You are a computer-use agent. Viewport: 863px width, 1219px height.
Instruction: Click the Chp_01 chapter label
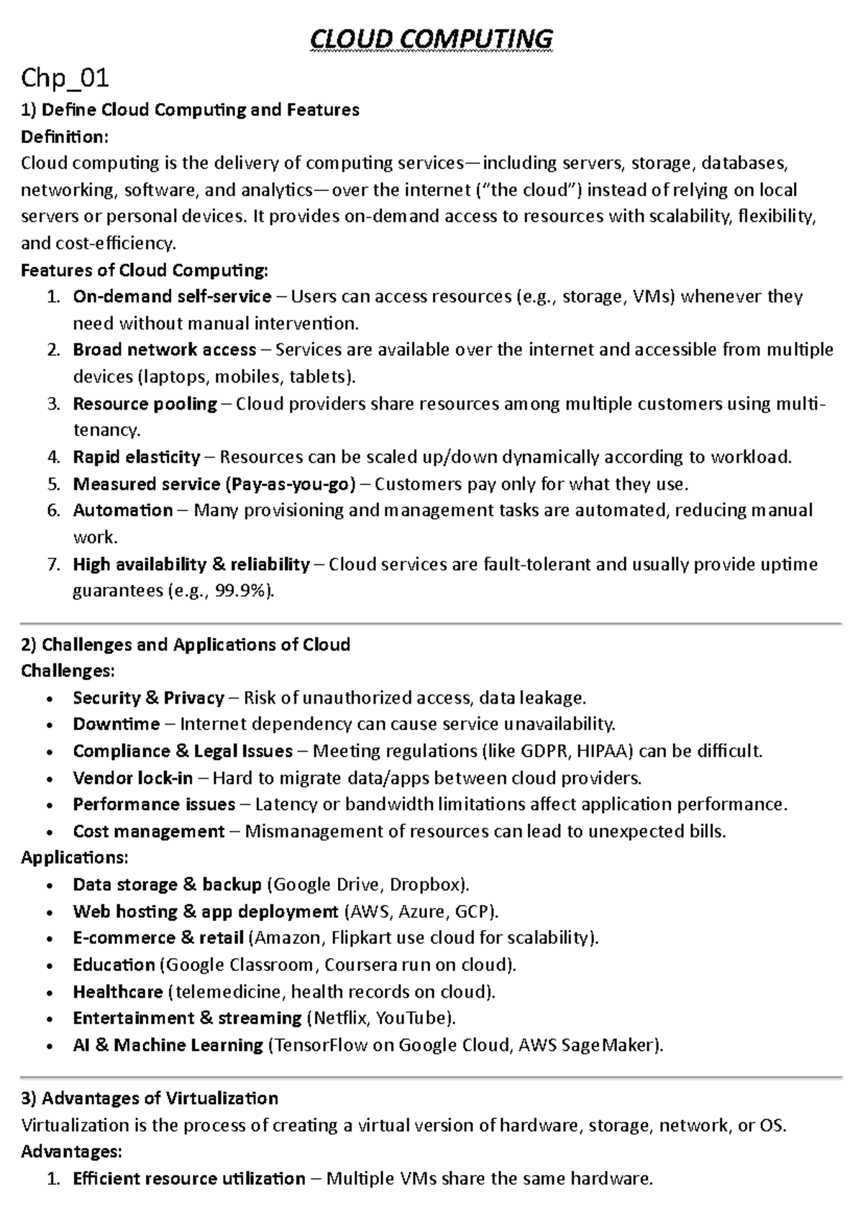(x=65, y=77)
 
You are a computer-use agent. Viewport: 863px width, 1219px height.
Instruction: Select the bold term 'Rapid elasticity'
(x=137, y=457)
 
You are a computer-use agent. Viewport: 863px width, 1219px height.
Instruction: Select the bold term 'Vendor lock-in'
(x=132, y=778)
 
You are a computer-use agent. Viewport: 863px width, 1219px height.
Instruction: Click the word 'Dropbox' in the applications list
(x=424, y=884)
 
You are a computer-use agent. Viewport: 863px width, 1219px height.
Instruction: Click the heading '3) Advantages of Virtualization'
(x=150, y=1098)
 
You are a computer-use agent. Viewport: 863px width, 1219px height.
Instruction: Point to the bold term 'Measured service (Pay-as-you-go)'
(x=214, y=484)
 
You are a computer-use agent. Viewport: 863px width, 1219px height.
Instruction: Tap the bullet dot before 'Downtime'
(x=49, y=725)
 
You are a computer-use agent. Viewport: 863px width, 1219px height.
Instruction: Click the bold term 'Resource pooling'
(x=145, y=404)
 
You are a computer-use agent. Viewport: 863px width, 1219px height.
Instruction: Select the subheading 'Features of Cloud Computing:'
(x=144, y=270)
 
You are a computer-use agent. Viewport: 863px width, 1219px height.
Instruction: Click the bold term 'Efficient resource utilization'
(x=189, y=1179)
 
